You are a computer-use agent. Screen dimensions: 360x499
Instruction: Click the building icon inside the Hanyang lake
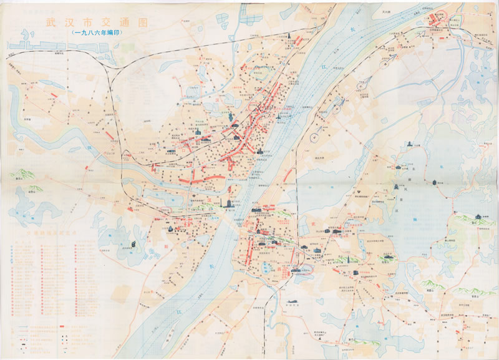132,245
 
